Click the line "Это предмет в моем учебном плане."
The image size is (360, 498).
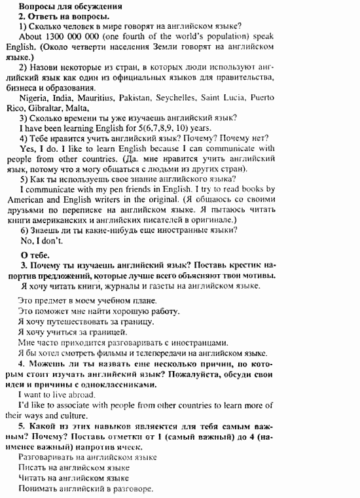point(87,300)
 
